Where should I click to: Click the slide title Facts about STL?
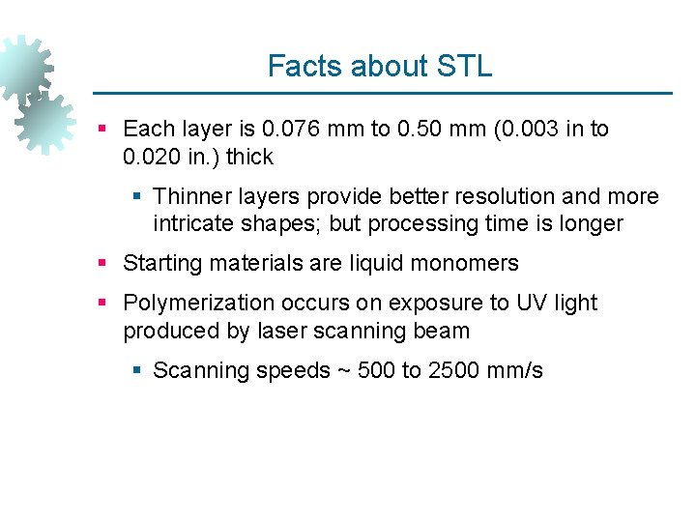coord(379,67)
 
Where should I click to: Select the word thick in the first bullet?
coord(249,158)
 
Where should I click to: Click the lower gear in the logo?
coord(45,124)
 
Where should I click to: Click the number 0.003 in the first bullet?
coord(530,130)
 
